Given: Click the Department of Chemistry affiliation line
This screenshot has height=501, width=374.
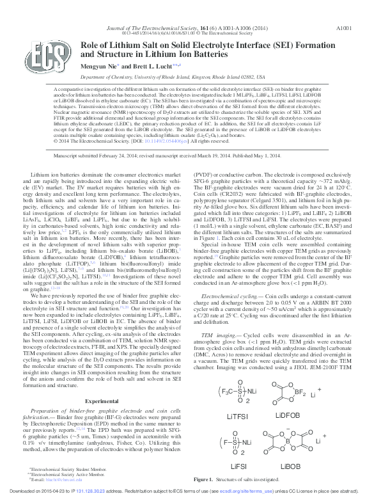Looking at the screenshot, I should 187,75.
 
